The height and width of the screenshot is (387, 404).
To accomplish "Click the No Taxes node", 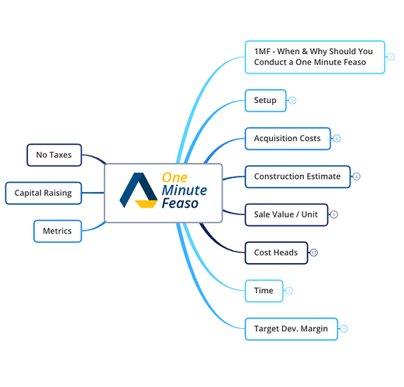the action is click(54, 155).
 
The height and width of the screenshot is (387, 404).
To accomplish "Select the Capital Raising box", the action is click(43, 193).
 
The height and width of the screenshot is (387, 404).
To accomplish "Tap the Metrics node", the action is click(57, 231).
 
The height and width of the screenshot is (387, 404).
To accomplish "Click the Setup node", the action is click(265, 101).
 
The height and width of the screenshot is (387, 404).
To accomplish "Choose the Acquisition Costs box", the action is click(288, 139).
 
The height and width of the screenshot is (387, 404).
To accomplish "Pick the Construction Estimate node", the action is click(298, 176).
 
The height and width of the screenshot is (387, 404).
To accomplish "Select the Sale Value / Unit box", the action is click(286, 214).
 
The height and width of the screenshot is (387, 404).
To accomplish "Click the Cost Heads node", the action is click(276, 252).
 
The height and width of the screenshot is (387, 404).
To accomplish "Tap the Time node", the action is click(264, 291).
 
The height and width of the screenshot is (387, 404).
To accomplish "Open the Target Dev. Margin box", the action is click(292, 329).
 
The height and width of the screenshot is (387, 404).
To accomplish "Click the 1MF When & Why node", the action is click(315, 57).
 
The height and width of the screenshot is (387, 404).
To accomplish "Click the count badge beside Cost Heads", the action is click(314, 252).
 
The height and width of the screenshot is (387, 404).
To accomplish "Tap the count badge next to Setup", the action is click(292, 101).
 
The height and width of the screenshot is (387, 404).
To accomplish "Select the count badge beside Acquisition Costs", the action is click(337, 139).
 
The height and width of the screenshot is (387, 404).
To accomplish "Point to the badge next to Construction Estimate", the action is click(357, 176).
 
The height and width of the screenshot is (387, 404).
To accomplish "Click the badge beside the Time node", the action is click(289, 291).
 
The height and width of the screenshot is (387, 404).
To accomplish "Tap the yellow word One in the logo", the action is click(174, 177).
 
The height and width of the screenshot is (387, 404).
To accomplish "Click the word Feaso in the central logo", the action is click(180, 203).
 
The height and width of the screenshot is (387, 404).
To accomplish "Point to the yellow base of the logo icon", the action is click(146, 204).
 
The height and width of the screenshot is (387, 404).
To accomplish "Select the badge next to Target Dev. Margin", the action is click(344, 329).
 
